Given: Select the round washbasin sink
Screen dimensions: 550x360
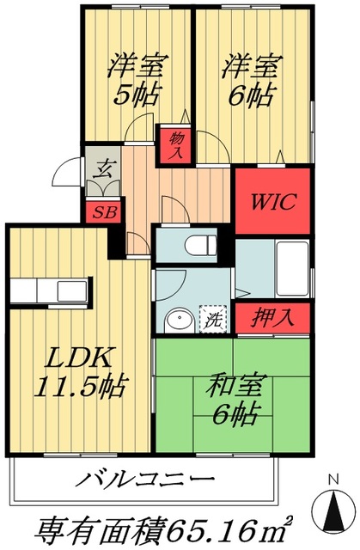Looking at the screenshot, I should pos(178,320).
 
